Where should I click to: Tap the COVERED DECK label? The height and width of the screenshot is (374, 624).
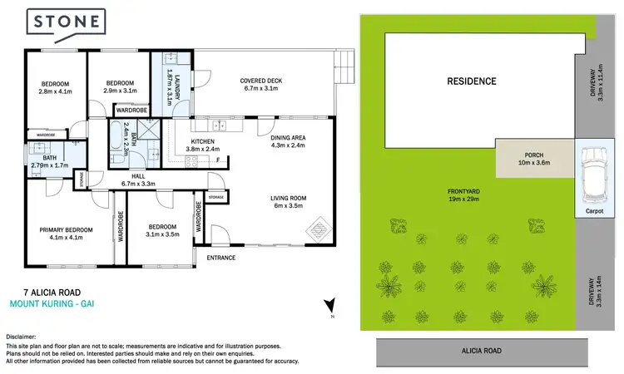261,86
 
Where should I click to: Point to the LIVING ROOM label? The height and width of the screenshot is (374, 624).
289,202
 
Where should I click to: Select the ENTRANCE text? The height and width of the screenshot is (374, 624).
221,258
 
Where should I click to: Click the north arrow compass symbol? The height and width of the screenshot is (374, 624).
329,307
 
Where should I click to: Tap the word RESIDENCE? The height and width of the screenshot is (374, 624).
471,81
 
